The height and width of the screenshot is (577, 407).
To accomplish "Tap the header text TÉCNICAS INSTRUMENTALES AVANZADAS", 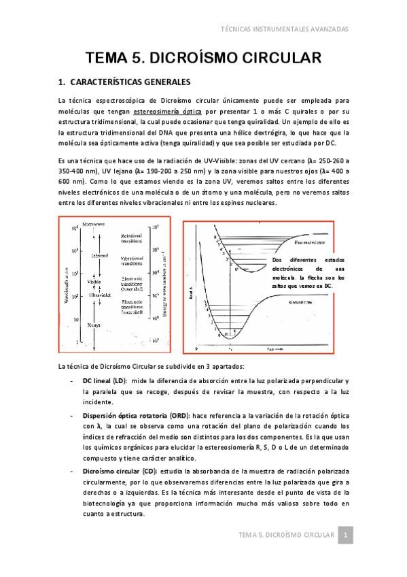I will click(x=285, y=29).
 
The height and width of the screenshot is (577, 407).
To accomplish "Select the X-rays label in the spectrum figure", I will click(x=94, y=325).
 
